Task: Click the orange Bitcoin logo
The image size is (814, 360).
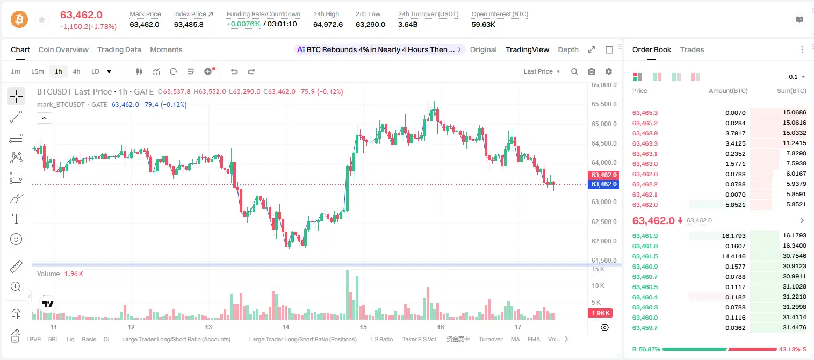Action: tap(19, 19)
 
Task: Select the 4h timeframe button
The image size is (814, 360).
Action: tap(76, 71)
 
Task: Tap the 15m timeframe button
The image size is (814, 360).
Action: tap(38, 71)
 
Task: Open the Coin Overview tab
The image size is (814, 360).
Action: tap(63, 49)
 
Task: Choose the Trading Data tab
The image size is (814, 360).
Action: tap(119, 49)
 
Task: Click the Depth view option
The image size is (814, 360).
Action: tap(568, 49)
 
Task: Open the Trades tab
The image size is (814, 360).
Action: tap(692, 49)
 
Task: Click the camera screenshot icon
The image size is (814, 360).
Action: tap(592, 71)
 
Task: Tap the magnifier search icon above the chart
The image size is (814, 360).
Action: tap(574, 71)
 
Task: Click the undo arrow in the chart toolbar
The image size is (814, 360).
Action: tap(234, 71)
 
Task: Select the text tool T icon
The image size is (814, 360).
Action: tap(16, 219)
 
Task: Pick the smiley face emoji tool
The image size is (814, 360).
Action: tap(16, 239)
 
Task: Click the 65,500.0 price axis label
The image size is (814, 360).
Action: tap(604, 104)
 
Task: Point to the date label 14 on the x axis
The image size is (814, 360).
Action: tap(286, 327)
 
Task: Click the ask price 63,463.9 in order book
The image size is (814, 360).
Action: tap(645, 133)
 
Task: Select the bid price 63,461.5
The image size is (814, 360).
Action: tap(645, 256)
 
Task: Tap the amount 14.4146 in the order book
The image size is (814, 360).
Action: tap(733, 256)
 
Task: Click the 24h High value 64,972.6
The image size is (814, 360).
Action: tap(328, 24)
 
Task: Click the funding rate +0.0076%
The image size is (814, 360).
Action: tap(243, 24)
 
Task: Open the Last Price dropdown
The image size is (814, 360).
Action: tap(542, 71)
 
